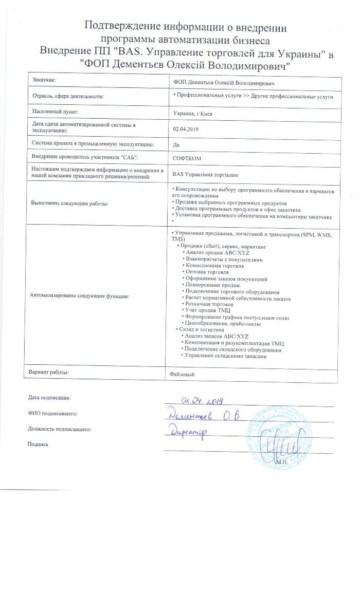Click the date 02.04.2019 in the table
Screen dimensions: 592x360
[x=186, y=129]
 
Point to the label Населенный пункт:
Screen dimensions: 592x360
[x=55, y=112]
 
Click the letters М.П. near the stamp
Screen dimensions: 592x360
[x=282, y=462]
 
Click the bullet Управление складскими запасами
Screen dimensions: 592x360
[x=225, y=342]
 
